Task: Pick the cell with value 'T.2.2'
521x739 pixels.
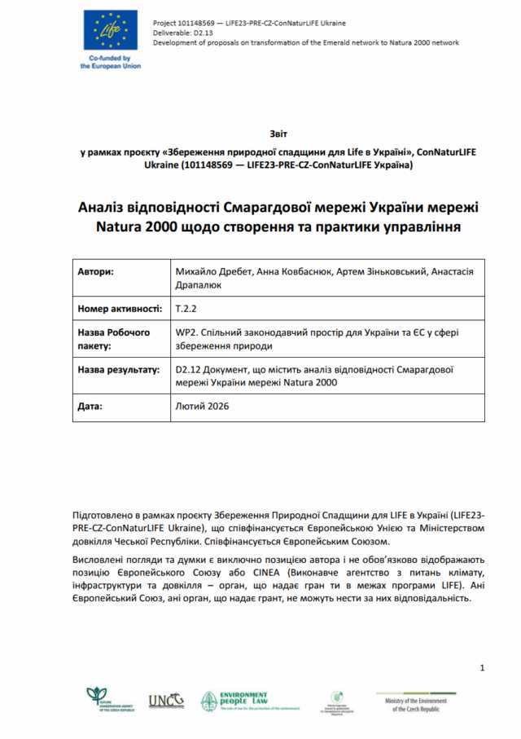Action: point(186,310)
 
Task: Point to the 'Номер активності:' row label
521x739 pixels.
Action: point(116,310)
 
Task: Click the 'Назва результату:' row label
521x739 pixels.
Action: point(118,370)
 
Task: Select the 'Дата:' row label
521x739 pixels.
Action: point(90,405)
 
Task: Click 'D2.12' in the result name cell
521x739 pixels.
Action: point(190,370)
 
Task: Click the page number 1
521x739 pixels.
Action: point(482,668)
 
